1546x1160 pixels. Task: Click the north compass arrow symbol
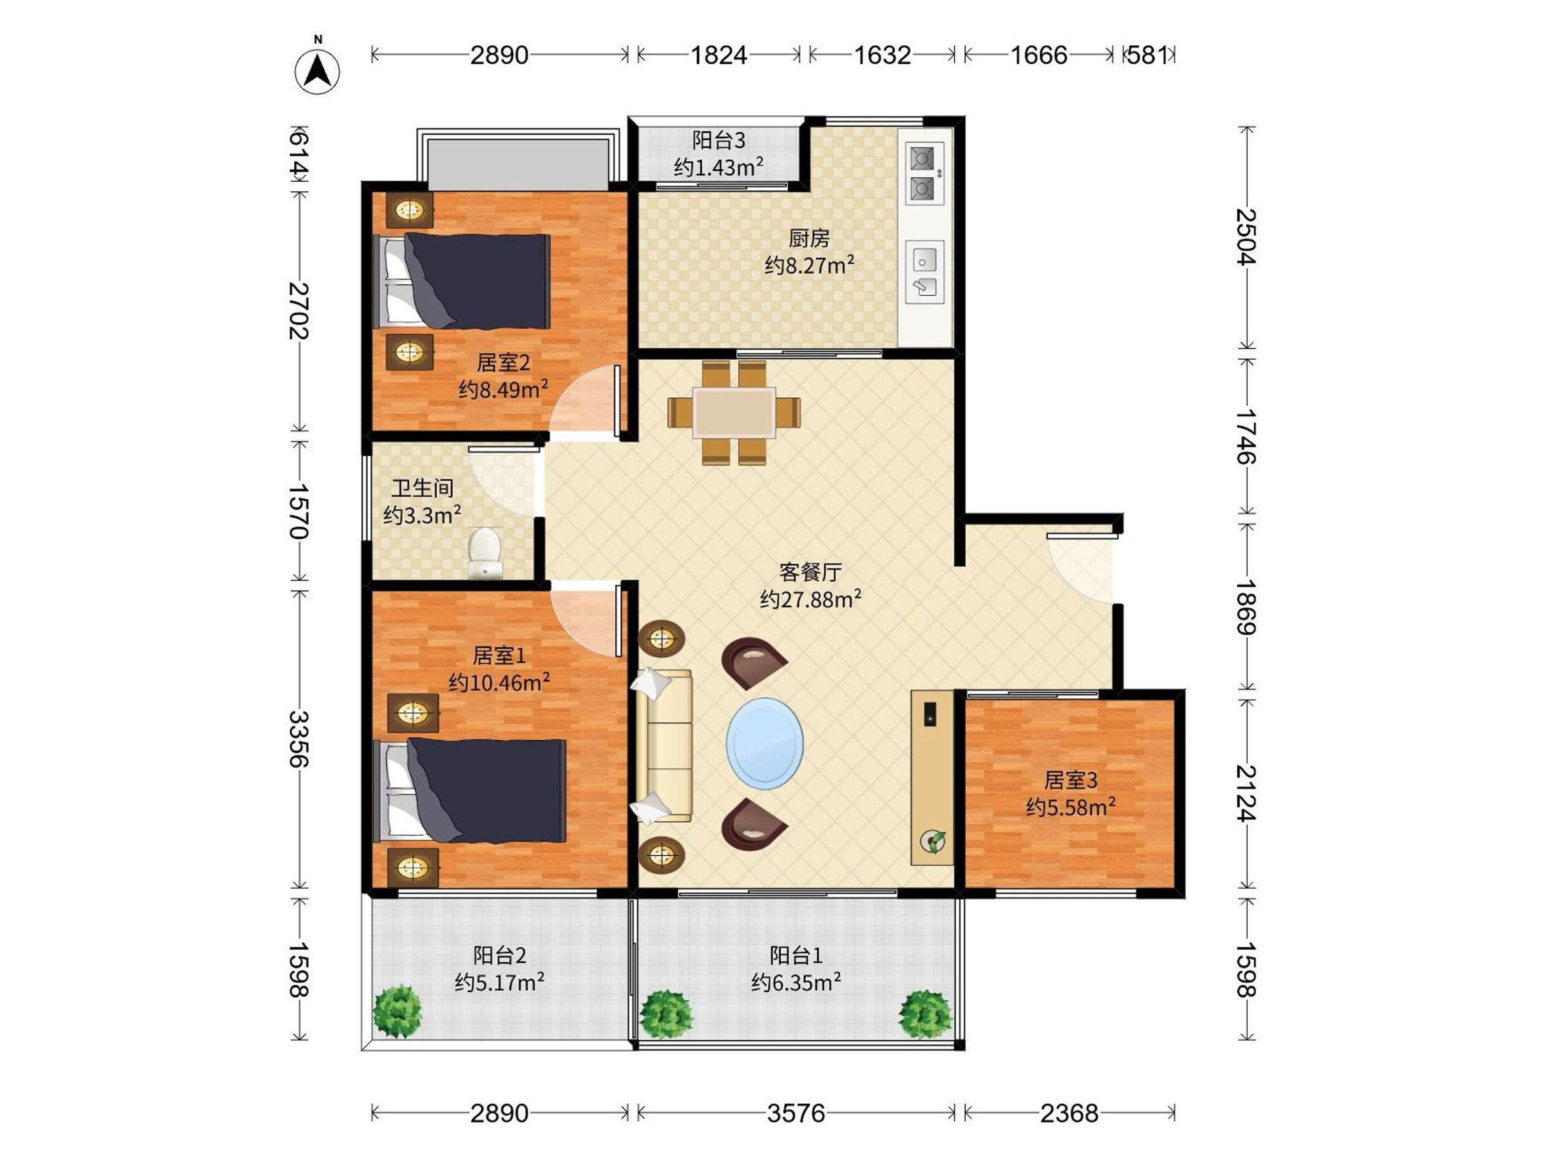[x=318, y=72]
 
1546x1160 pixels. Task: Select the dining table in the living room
[x=734, y=412]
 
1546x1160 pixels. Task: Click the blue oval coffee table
[x=765, y=743]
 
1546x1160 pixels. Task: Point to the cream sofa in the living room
[x=663, y=746]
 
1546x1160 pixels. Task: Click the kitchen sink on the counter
[x=924, y=272]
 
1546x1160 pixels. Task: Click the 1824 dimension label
[x=718, y=55]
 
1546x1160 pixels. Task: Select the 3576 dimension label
[x=796, y=1112]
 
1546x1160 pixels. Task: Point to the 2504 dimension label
[x=1245, y=237]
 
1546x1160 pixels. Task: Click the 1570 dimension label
[x=298, y=511]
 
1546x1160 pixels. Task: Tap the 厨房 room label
[x=809, y=238]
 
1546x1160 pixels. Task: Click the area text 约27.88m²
[x=810, y=599]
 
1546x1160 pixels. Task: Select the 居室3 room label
[x=1071, y=780]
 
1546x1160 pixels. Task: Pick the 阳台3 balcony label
[x=718, y=140]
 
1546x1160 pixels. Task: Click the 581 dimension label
[x=1147, y=55]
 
